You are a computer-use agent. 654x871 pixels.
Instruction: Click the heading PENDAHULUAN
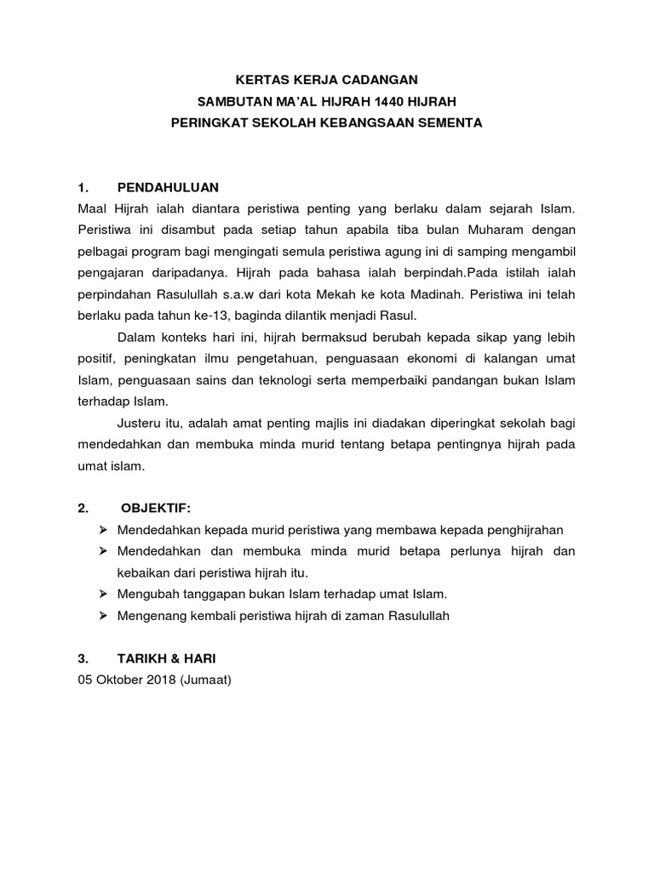pyautogui.click(x=168, y=187)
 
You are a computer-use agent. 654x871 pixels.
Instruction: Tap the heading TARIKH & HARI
pyautogui.click(x=173, y=658)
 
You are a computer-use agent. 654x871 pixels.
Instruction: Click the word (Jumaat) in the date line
pyautogui.click(x=206, y=680)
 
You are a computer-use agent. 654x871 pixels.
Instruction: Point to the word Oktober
pyautogui.click(x=117, y=680)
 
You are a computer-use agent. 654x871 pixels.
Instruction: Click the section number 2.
pyautogui.click(x=83, y=509)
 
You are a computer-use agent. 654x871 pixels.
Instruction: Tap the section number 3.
pyautogui.click(x=83, y=658)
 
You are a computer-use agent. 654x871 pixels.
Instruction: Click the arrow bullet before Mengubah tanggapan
pyautogui.click(x=103, y=594)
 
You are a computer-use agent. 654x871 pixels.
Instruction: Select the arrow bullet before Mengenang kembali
pyautogui.click(x=103, y=616)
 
